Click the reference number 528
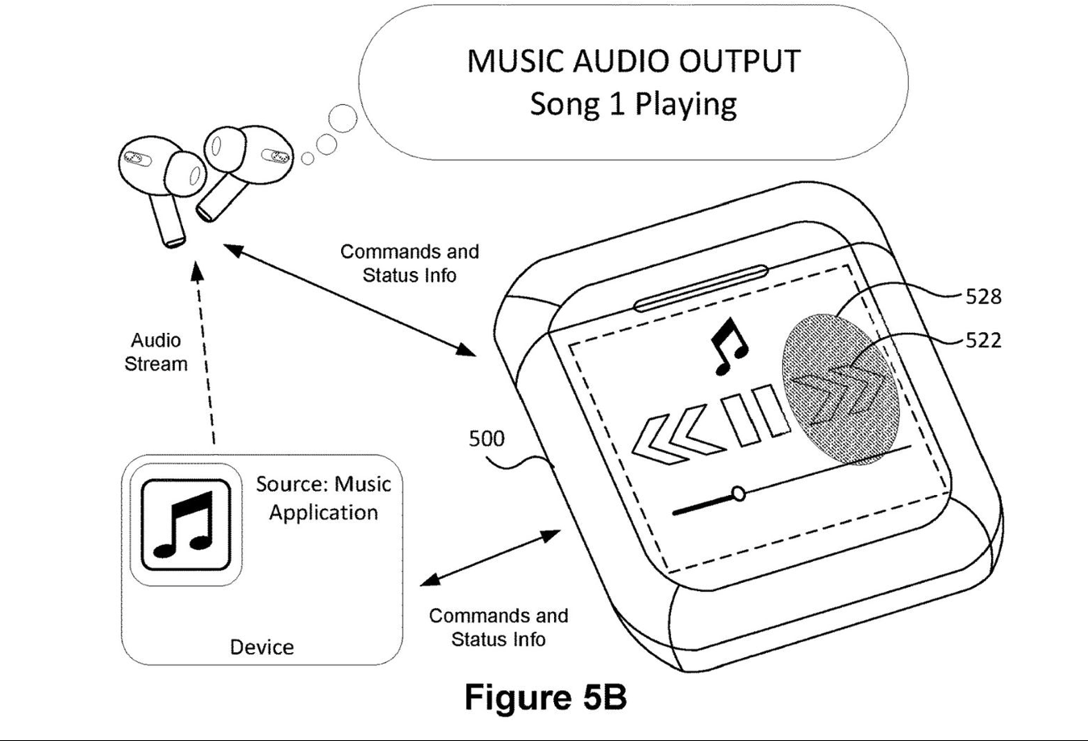tap(983, 297)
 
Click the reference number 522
tap(983, 340)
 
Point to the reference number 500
tap(486, 439)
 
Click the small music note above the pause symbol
tap(728, 345)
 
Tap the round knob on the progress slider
tap(737, 493)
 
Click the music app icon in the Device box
tap(186, 525)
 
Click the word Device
tap(261, 647)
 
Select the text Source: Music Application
tap(323, 498)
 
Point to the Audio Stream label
tap(156, 352)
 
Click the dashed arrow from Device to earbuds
tap(206, 355)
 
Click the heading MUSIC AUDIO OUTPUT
tap(633, 61)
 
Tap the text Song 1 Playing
tap(633, 104)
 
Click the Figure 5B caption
tap(545, 697)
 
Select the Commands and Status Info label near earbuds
tap(410, 263)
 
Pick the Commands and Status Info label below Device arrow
tap(498, 627)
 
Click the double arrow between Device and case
tap(490, 557)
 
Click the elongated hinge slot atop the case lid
tap(700, 288)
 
